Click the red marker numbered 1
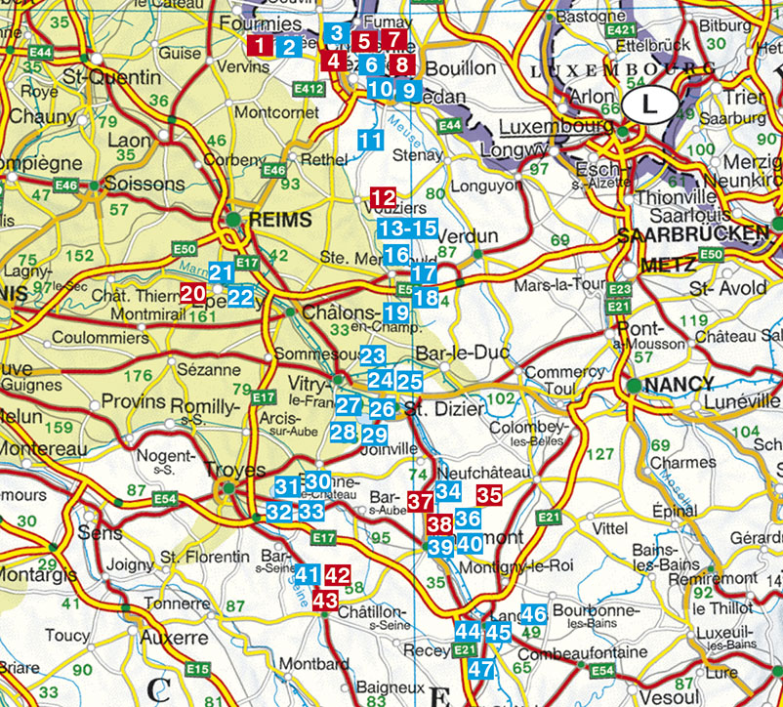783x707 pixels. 260,45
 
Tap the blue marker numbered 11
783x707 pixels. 370,140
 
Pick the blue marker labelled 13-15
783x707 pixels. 407,229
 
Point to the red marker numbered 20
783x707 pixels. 192,292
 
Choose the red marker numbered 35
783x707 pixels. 489,495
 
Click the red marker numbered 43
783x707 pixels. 325,600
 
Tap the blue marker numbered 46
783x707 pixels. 533,615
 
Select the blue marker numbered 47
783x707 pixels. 479,670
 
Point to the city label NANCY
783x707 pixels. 681,384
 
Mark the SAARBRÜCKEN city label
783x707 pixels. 695,233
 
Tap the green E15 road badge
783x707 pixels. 197,669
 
